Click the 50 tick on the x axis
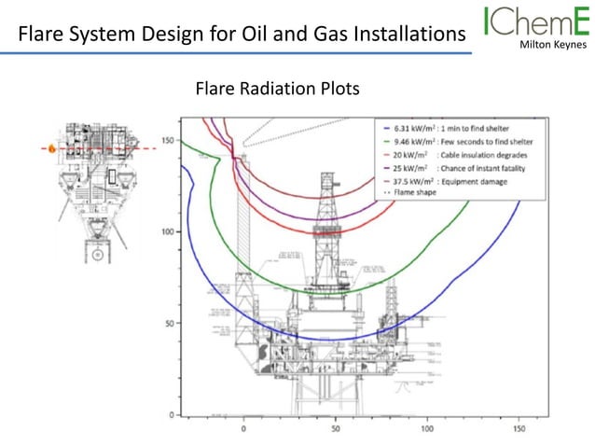click(335, 430)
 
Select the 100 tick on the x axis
click(426, 430)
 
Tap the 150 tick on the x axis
click(518, 430)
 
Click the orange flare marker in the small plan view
click(52, 148)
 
